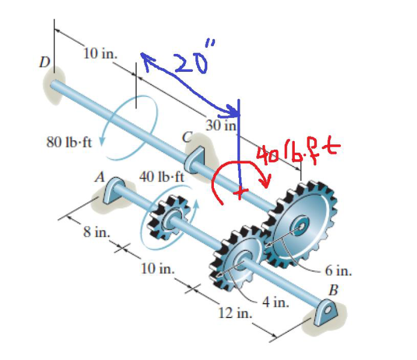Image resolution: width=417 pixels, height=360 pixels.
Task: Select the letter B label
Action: coord(334,291)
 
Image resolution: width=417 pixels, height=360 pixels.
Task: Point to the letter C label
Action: coord(188,138)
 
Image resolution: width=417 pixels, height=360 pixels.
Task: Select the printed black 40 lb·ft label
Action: coord(162,177)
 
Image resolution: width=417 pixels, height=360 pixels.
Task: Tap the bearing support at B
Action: coord(327,311)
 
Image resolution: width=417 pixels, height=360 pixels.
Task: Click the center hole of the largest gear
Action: coord(302,225)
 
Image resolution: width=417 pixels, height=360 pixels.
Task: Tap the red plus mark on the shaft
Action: coord(241,193)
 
